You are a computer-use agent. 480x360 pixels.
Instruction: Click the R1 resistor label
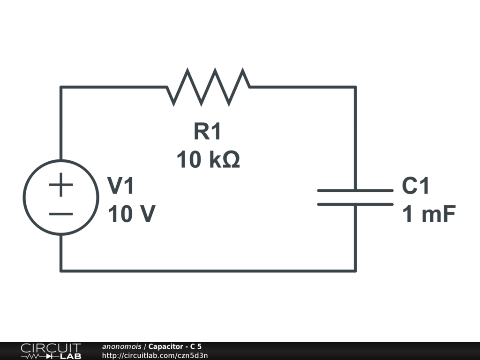point(207,131)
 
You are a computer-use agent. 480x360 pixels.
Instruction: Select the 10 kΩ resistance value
point(208,159)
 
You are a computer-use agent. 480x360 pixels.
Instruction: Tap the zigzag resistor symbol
point(208,87)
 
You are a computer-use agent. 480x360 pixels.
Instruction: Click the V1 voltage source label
point(120,186)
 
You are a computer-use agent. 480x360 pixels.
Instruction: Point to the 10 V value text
point(132,213)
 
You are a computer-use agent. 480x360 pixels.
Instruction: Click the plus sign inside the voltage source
point(61,185)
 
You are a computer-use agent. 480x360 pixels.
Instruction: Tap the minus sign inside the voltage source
point(61,214)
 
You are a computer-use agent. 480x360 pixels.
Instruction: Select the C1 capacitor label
point(415,186)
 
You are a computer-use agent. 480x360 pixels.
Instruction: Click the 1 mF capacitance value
point(429,213)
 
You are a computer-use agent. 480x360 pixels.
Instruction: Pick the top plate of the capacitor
point(355,190)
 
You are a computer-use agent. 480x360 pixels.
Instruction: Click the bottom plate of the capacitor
point(355,204)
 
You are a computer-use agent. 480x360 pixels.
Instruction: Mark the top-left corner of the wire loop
point(61,87)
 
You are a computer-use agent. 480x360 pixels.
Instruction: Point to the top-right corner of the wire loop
point(355,87)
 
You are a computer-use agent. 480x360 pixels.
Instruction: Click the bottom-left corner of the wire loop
point(61,271)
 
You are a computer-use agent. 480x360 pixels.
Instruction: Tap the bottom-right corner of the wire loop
point(355,271)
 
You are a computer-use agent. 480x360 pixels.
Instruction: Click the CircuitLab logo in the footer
point(51,351)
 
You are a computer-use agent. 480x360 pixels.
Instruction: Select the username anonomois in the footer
point(121,346)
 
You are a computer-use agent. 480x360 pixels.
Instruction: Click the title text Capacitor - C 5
point(175,346)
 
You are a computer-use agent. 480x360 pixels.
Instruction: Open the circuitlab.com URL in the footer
point(155,355)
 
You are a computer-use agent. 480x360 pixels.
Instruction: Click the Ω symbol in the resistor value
point(231,159)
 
